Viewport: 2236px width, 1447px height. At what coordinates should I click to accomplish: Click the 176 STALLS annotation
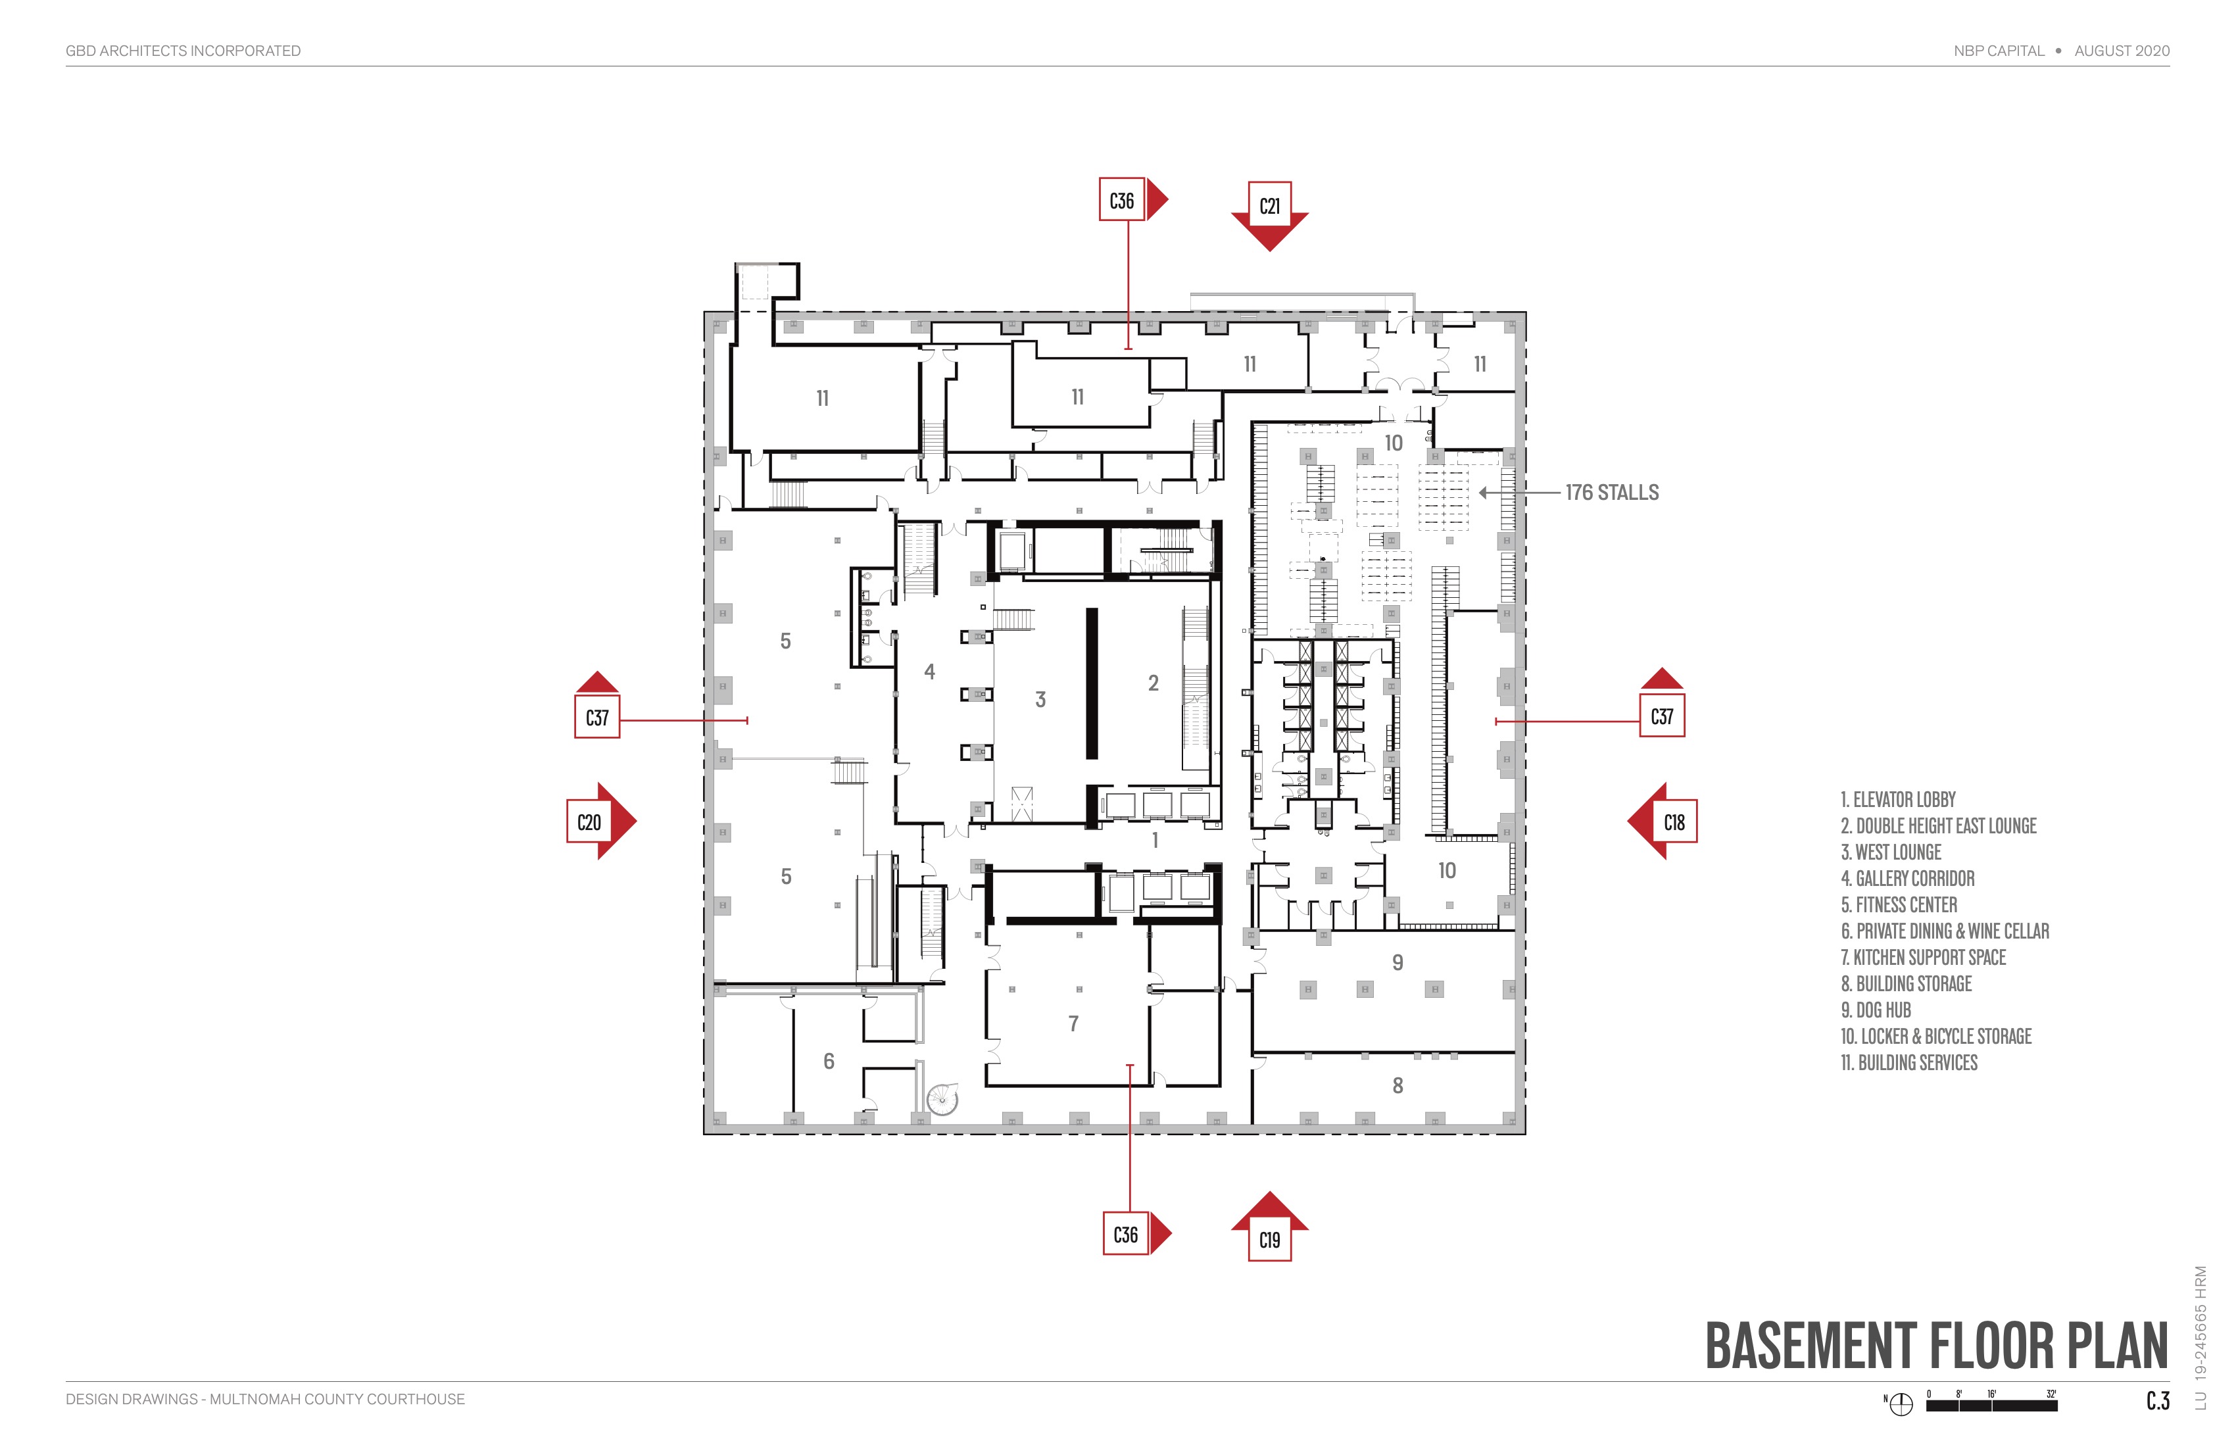(x=1611, y=493)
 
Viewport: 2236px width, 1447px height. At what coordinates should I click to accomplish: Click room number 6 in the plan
(x=829, y=1061)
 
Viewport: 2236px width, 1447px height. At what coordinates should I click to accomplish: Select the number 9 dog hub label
(x=1397, y=962)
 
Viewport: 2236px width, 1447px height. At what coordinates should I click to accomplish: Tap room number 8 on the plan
(x=1397, y=1085)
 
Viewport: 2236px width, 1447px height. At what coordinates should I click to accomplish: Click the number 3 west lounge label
(x=1040, y=699)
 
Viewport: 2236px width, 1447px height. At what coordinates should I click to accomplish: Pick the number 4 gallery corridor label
(x=929, y=672)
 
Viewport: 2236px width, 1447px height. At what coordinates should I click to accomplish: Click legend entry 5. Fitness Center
(x=1898, y=905)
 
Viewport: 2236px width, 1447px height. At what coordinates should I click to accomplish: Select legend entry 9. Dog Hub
(x=1875, y=1010)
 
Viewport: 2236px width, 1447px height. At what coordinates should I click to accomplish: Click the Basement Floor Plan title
(x=1935, y=1346)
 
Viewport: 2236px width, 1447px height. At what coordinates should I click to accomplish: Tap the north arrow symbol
(x=1901, y=1404)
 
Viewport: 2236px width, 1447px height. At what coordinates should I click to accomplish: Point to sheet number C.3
(x=2157, y=1401)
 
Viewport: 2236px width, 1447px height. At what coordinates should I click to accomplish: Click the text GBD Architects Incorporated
(x=183, y=51)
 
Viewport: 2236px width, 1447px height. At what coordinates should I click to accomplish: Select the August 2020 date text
(x=2122, y=51)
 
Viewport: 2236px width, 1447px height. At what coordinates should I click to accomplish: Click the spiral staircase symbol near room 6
(x=940, y=1098)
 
